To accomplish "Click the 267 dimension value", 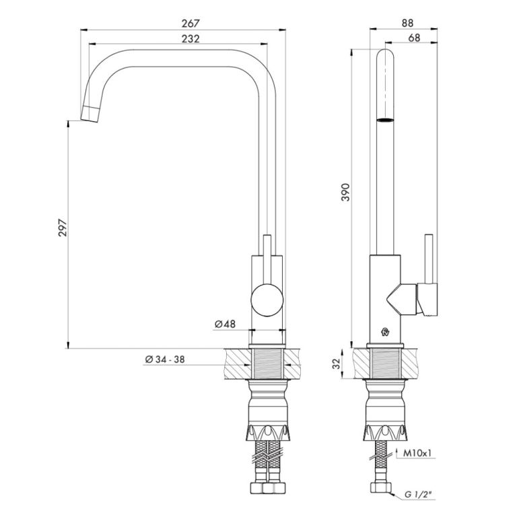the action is (x=191, y=24).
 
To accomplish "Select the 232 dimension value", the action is (x=191, y=39).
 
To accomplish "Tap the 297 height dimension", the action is (x=63, y=228).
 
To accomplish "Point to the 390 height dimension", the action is (x=345, y=193).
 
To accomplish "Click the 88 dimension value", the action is (x=407, y=23).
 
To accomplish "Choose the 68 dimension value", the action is (x=414, y=38).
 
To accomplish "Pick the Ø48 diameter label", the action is (x=226, y=324).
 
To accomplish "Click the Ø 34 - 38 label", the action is (x=165, y=359).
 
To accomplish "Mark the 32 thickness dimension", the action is (x=336, y=364).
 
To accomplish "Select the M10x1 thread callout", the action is (x=417, y=453).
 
